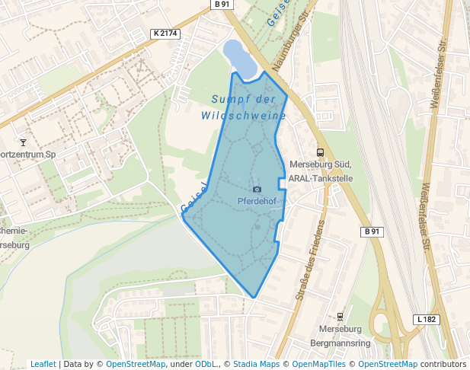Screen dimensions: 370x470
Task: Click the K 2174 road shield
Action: coord(165,33)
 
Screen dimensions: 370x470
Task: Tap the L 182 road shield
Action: coord(427,319)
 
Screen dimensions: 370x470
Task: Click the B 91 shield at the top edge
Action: coord(221,5)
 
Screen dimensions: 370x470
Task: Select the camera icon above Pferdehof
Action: coord(257,189)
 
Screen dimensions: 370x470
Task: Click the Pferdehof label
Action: coord(257,201)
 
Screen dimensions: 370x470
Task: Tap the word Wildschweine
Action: coord(244,116)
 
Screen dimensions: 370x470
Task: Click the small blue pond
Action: coord(238,58)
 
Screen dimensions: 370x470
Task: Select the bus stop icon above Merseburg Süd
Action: coord(319,152)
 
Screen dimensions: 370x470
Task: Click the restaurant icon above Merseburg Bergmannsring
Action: coord(340,316)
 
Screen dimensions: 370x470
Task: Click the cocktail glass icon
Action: coord(23,142)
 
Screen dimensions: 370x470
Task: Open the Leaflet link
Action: coord(43,364)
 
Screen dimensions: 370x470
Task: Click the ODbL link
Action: coord(206,364)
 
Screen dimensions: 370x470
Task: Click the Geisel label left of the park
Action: coord(194,198)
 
